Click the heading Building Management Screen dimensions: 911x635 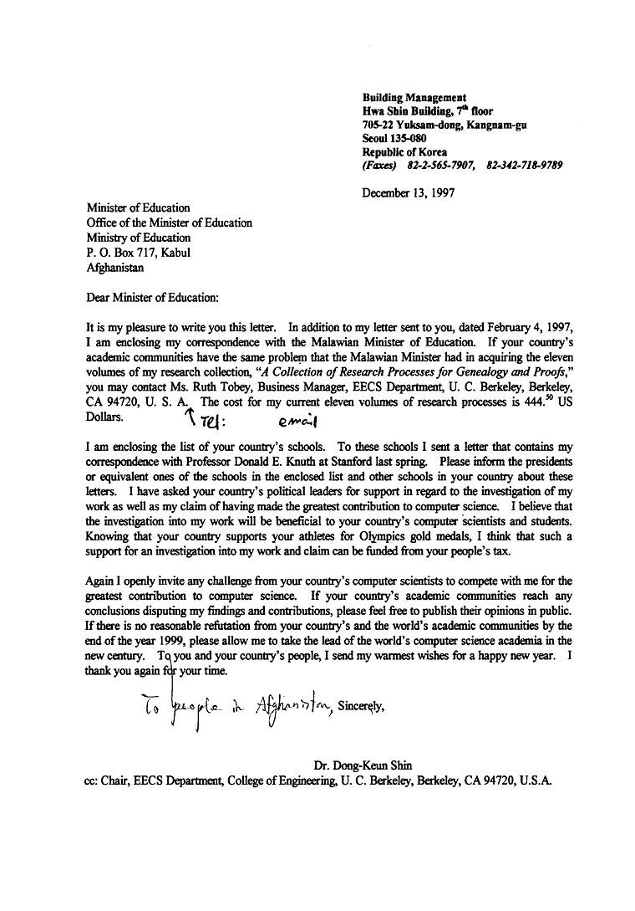click(414, 98)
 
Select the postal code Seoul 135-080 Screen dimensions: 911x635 click(394, 139)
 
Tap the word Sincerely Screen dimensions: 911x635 click(361, 704)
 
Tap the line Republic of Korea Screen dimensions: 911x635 click(404, 152)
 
